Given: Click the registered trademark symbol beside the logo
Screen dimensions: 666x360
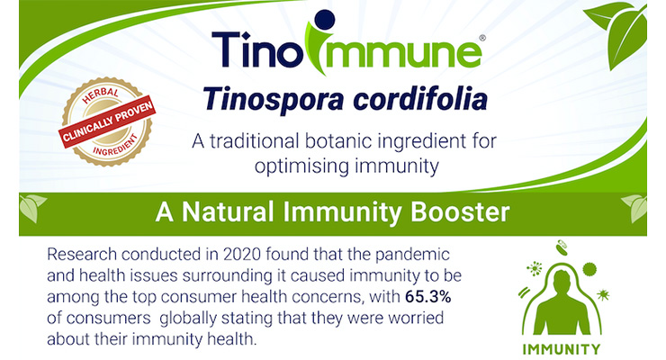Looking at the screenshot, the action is [x=482, y=38].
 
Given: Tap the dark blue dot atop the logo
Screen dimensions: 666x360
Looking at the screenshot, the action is [x=325, y=20].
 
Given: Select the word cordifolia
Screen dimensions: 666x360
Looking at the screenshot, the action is [x=420, y=98].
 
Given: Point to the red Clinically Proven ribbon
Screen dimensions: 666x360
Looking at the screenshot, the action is [x=107, y=124].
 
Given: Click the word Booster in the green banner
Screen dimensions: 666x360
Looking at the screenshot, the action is [x=460, y=211].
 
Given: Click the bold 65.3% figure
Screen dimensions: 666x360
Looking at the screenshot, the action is [x=427, y=297].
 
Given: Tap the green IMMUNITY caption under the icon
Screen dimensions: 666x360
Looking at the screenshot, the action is [x=561, y=349].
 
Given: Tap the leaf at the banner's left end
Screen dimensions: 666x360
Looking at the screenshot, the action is [x=31, y=208].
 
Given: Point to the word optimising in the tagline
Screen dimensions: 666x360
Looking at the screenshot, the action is [x=301, y=166].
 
